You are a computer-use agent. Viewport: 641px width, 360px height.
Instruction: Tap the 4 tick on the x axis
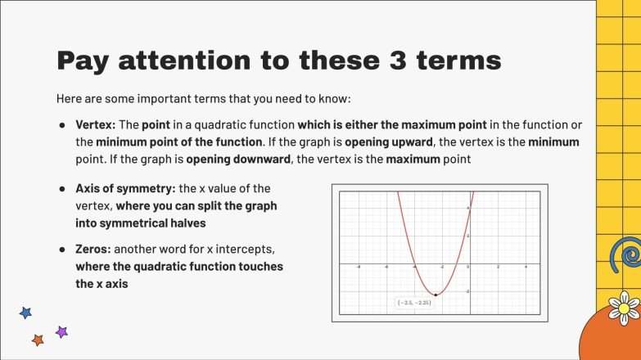525,268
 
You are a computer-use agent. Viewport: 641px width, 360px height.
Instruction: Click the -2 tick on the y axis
467,292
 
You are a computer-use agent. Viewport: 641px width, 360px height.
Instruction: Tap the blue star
25,313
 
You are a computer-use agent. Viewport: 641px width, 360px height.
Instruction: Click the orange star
37,339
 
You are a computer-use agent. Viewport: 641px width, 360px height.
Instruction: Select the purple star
61,331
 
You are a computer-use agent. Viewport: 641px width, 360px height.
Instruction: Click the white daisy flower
624,308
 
